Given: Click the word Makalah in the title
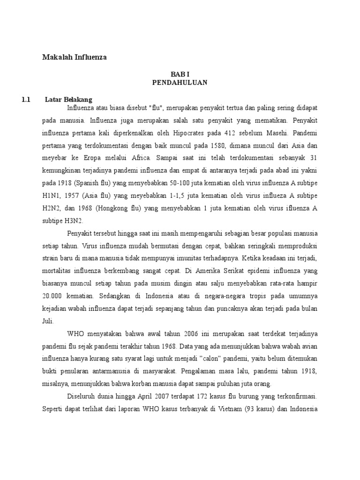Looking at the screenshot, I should click(55, 58).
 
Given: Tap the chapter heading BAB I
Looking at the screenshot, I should click(180, 75).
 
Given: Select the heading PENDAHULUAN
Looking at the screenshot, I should click(180, 82).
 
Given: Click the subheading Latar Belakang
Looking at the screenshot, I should click(69, 99).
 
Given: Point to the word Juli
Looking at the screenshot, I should click(48, 322).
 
